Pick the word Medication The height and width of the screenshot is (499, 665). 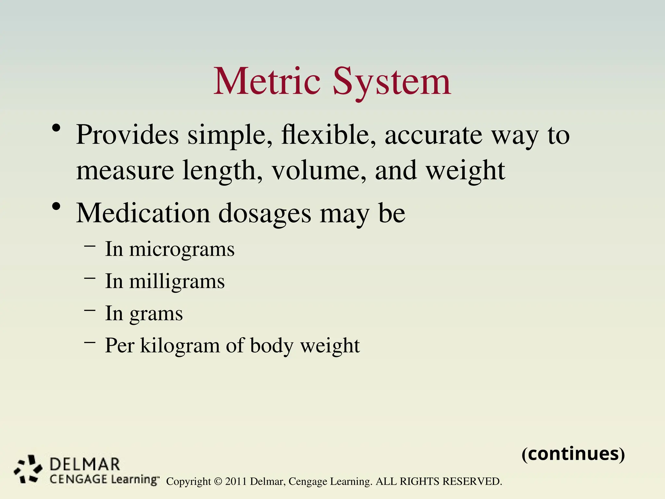point(143,213)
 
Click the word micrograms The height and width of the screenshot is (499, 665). point(182,250)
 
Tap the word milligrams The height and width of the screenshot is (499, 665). point(177,281)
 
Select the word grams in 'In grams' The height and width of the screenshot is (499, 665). point(156,314)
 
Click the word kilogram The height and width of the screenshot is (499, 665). point(180,346)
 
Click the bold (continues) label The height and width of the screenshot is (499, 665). point(573,454)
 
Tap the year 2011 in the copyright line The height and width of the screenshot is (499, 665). point(236,481)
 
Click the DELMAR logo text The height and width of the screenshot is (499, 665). point(85,464)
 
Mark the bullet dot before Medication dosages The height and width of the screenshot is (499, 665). point(56,207)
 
